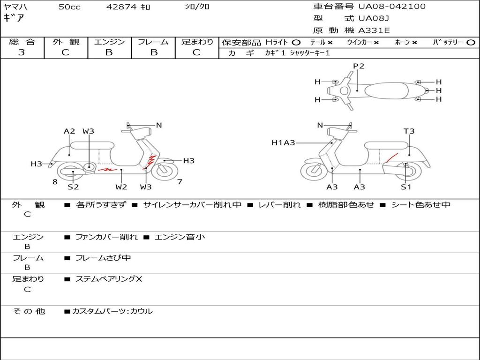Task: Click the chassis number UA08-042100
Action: click(x=392, y=7)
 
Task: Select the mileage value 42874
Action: click(x=121, y=7)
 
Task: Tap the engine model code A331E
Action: click(x=374, y=30)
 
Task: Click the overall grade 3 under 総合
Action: click(x=22, y=52)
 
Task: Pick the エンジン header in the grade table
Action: click(x=109, y=42)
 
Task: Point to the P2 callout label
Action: click(x=359, y=66)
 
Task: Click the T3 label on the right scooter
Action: click(x=409, y=131)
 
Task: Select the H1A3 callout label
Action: click(x=283, y=142)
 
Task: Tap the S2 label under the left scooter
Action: click(x=73, y=187)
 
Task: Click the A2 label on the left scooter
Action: click(x=69, y=131)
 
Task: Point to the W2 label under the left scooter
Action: click(x=121, y=187)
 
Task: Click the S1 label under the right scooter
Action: click(x=406, y=187)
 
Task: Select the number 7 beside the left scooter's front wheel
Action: click(x=180, y=182)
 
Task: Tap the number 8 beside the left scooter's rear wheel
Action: click(x=55, y=182)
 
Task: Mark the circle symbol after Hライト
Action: click(x=296, y=42)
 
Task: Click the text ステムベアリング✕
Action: click(x=109, y=279)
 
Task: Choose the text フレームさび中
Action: click(x=103, y=258)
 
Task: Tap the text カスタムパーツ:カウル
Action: click(x=112, y=311)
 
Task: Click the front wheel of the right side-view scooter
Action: click(x=314, y=171)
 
